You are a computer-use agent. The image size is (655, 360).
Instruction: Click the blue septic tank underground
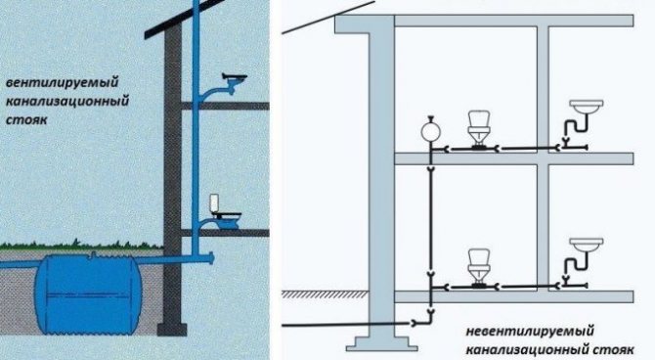[x=82, y=290]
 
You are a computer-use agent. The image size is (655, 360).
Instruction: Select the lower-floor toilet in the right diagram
[x=480, y=264]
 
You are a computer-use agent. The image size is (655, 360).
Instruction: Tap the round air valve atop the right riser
[x=427, y=128]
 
